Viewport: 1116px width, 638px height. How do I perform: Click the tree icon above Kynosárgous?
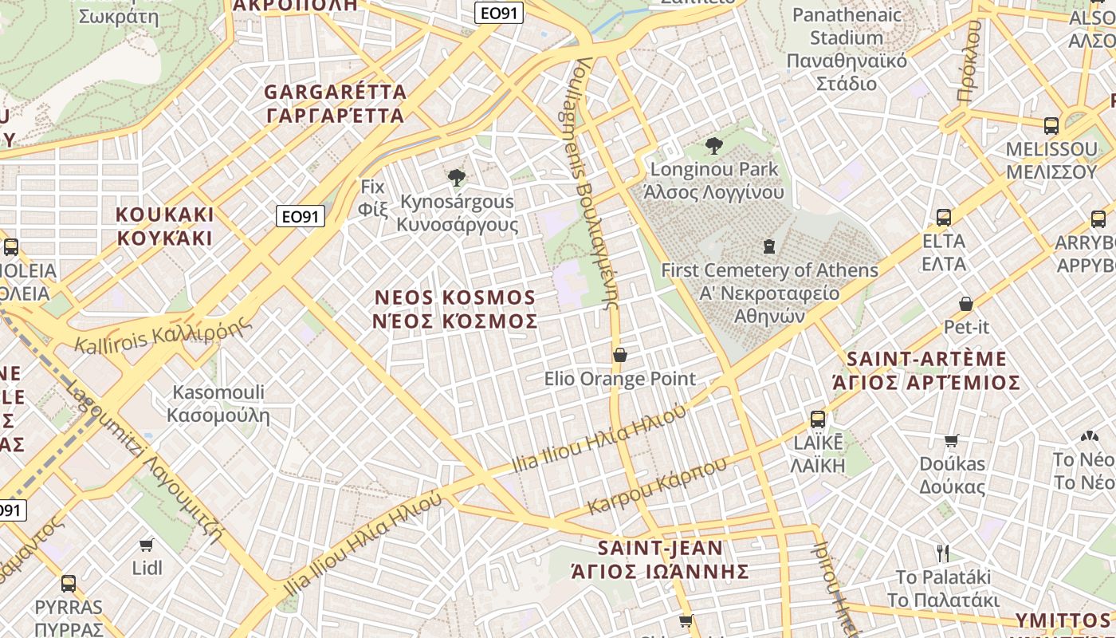pos(457,177)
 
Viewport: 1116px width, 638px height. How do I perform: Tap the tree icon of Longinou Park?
pos(714,145)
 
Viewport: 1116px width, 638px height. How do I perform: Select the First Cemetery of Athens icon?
pos(769,246)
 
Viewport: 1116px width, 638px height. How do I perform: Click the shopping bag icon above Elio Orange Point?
pos(620,354)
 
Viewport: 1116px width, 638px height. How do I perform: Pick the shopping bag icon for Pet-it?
pos(966,304)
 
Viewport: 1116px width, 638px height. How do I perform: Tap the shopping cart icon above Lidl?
pos(146,545)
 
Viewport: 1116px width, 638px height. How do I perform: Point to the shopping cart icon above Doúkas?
pos(952,440)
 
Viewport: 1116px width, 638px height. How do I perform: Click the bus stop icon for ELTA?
pos(944,217)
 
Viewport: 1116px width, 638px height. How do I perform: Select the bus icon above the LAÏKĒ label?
pos(818,419)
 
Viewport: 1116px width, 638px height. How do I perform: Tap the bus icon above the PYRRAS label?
pos(69,583)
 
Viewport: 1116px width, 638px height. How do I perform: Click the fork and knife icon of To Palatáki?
pos(943,553)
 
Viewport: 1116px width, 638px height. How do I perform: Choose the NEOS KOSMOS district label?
pos(456,309)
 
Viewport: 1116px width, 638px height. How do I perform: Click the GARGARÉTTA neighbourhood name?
pos(336,104)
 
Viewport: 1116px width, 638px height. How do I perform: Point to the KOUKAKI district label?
pos(165,226)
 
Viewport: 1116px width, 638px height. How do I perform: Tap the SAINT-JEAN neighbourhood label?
pos(661,560)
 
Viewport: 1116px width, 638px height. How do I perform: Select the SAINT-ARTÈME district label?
pos(926,371)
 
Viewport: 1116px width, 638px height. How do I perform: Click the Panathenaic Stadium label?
pos(847,49)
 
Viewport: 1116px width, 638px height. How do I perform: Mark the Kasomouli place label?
pos(218,404)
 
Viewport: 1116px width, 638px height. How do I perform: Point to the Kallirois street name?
pos(164,333)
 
